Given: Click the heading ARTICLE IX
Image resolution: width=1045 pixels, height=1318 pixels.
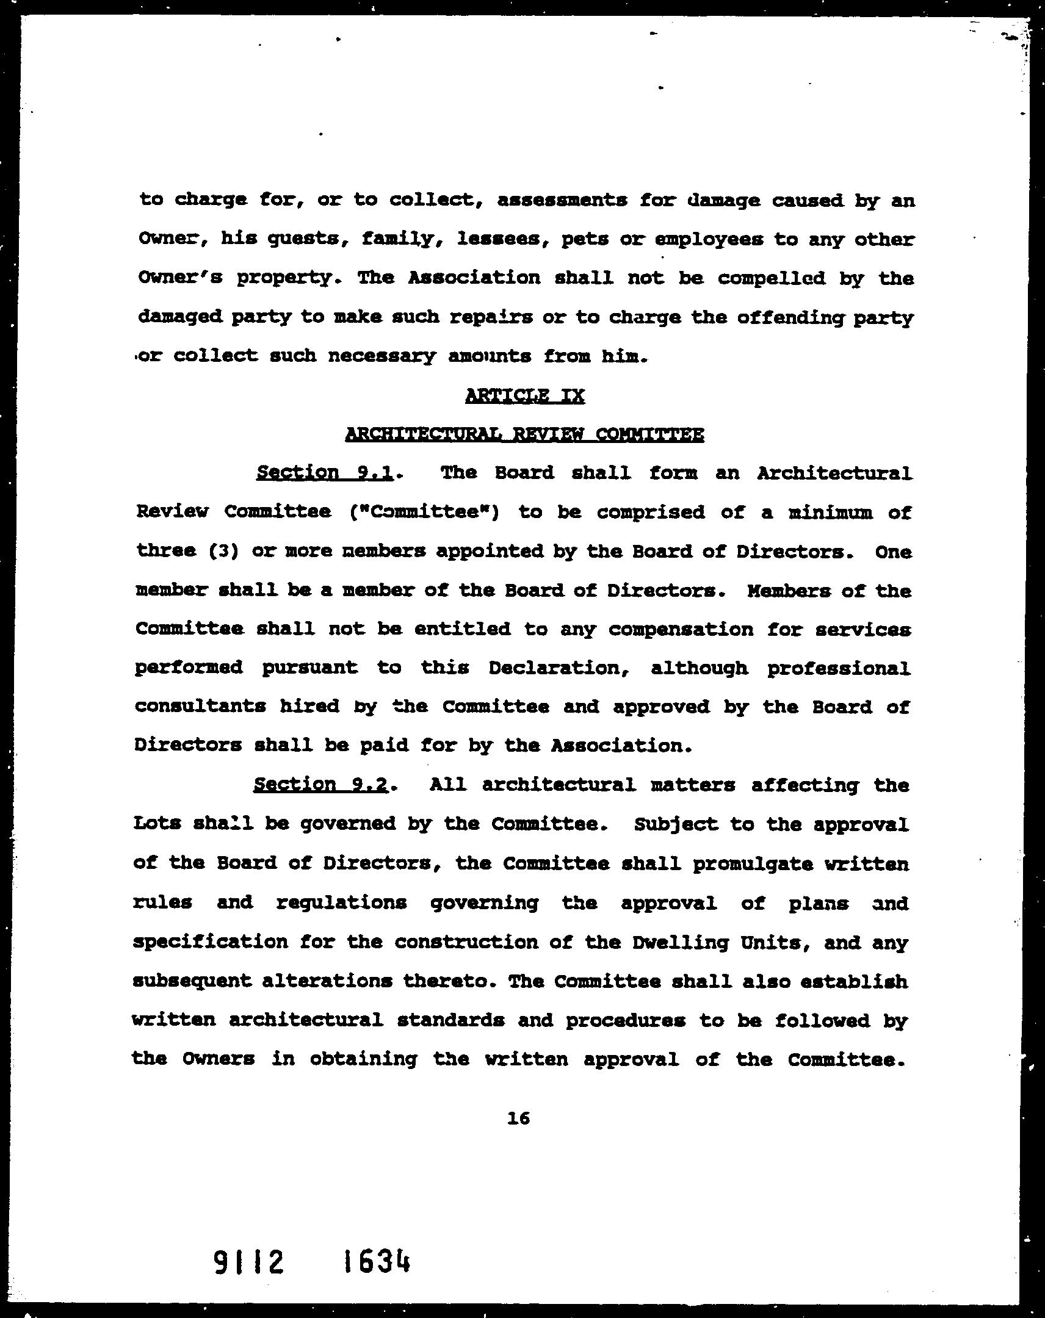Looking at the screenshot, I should click(525, 395).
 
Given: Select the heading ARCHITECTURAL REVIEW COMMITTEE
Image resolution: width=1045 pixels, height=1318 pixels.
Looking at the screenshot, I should click(525, 434).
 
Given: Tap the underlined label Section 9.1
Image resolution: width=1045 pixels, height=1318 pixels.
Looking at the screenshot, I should click(324, 472).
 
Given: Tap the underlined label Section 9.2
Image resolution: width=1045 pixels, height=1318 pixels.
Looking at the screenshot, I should click(321, 784).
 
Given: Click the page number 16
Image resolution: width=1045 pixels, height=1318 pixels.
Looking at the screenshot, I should click(518, 1118).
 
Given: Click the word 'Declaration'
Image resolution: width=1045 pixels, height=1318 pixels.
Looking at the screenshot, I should click(563, 668).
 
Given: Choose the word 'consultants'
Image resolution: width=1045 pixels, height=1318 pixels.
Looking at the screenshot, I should click(200, 707).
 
